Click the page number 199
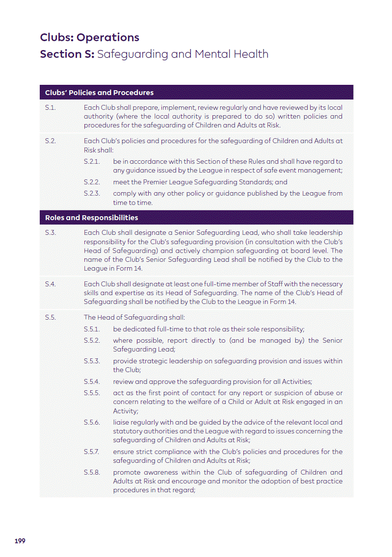coord(20,541)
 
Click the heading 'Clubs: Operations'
coord(89,37)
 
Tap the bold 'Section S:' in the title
coord(67,54)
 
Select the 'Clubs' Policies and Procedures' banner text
coord(99,93)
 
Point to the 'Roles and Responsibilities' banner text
coord(91,218)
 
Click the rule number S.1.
coord(50,107)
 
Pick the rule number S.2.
coord(50,141)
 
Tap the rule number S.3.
coord(50,232)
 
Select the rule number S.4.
coord(50,284)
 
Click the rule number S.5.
coord(50,317)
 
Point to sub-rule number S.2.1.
coord(92,161)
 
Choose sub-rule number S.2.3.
coord(92,193)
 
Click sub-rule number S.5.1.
coord(92,329)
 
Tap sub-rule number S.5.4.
coord(92,381)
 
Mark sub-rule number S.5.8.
coord(92,472)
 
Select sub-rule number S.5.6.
coord(92,422)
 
